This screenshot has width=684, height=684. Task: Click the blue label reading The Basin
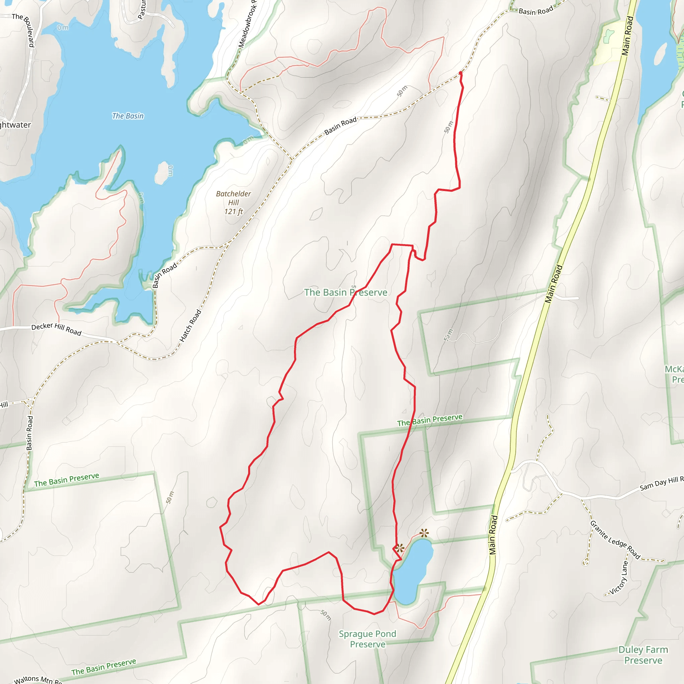click(x=128, y=116)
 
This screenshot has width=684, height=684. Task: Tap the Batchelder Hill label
click(x=233, y=198)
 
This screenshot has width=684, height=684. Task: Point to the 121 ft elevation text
click(x=233, y=212)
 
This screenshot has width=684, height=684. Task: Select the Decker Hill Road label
click(x=56, y=329)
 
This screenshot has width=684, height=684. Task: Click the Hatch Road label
click(x=190, y=326)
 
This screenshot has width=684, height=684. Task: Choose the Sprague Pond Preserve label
click(x=367, y=639)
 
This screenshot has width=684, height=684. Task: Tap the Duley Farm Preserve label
click(x=643, y=655)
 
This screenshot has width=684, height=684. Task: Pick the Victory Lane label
click(x=619, y=578)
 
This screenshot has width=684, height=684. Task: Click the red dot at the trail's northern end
click(x=460, y=73)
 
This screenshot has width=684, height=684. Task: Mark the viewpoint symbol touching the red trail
click(x=400, y=548)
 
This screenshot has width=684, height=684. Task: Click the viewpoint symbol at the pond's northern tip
click(x=424, y=532)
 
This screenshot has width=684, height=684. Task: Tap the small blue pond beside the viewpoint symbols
click(x=413, y=571)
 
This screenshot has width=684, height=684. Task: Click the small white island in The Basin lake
click(x=162, y=173)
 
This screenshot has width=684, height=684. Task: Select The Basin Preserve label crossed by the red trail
click(x=346, y=293)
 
